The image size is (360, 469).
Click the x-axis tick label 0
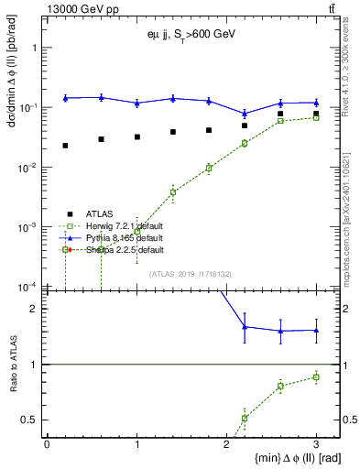click(x=47, y=444)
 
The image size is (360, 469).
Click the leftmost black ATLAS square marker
click(x=65, y=146)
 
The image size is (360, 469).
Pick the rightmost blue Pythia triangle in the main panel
click(x=316, y=103)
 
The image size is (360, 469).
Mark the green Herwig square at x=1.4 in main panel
click(x=172, y=192)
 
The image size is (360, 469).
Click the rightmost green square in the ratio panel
click(x=316, y=377)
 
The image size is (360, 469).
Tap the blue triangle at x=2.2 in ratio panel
click(x=245, y=326)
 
